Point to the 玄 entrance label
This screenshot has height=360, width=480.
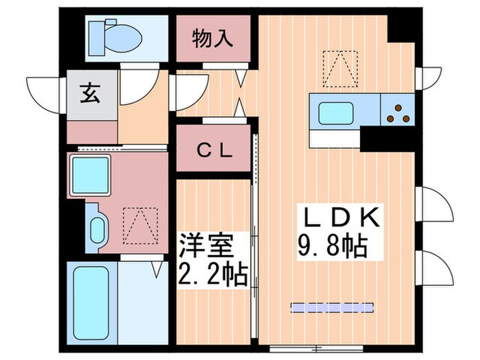(x=92, y=92)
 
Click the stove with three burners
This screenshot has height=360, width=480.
(x=397, y=112)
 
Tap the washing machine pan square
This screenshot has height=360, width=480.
(x=91, y=176)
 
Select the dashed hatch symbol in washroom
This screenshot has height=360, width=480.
(x=136, y=224)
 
